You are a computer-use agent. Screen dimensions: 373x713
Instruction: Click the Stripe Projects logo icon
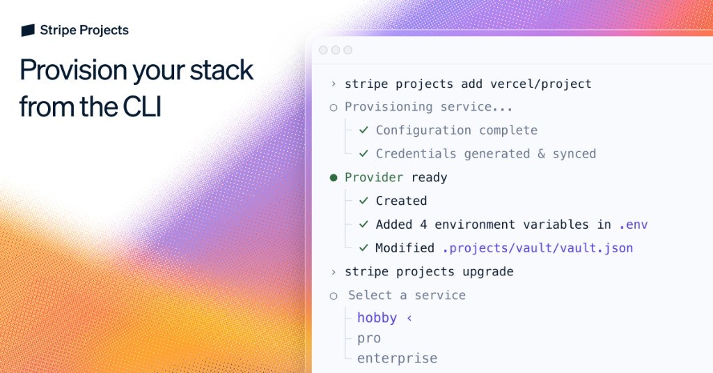(x=28, y=30)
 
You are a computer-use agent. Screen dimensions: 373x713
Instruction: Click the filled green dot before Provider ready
(x=334, y=178)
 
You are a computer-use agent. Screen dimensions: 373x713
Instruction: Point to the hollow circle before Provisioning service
(x=334, y=107)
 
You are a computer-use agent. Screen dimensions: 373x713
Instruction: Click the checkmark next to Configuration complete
(x=363, y=130)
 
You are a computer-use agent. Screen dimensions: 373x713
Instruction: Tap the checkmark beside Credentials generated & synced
(x=363, y=153)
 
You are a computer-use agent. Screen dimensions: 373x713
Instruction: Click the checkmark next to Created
(x=363, y=201)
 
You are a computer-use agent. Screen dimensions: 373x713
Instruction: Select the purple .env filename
(x=633, y=224)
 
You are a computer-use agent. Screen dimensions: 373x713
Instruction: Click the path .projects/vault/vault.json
(x=538, y=248)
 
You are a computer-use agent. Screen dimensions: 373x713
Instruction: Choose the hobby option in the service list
(x=377, y=318)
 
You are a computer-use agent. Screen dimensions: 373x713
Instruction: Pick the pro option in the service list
(x=369, y=338)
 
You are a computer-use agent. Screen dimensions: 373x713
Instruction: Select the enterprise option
(x=397, y=358)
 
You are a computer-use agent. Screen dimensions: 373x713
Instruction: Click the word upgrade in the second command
(x=487, y=271)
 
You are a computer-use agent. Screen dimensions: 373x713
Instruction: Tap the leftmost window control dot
(x=323, y=50)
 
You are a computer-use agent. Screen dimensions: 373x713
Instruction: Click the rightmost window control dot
(x=348, y=50)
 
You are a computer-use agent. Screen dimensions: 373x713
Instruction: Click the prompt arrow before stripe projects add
(x=334, y=84)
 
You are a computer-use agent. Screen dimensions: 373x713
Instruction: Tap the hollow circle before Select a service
(x=334, y=296)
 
